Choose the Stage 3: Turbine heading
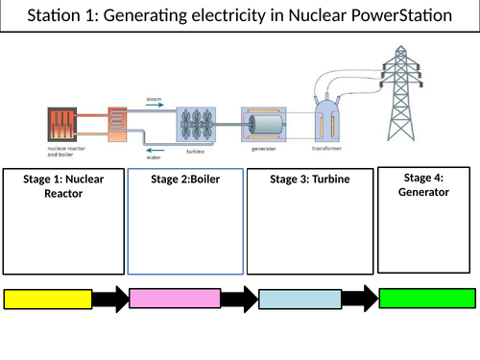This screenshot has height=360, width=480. pyautogui.click(x=309, y=179)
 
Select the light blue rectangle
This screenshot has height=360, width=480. pyautogui.click(x=300, y=300)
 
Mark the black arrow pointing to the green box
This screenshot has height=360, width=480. pyautogui.click(x=361, y=300)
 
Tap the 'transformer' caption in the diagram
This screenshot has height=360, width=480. pyautogui.click(x=327, y=149)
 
